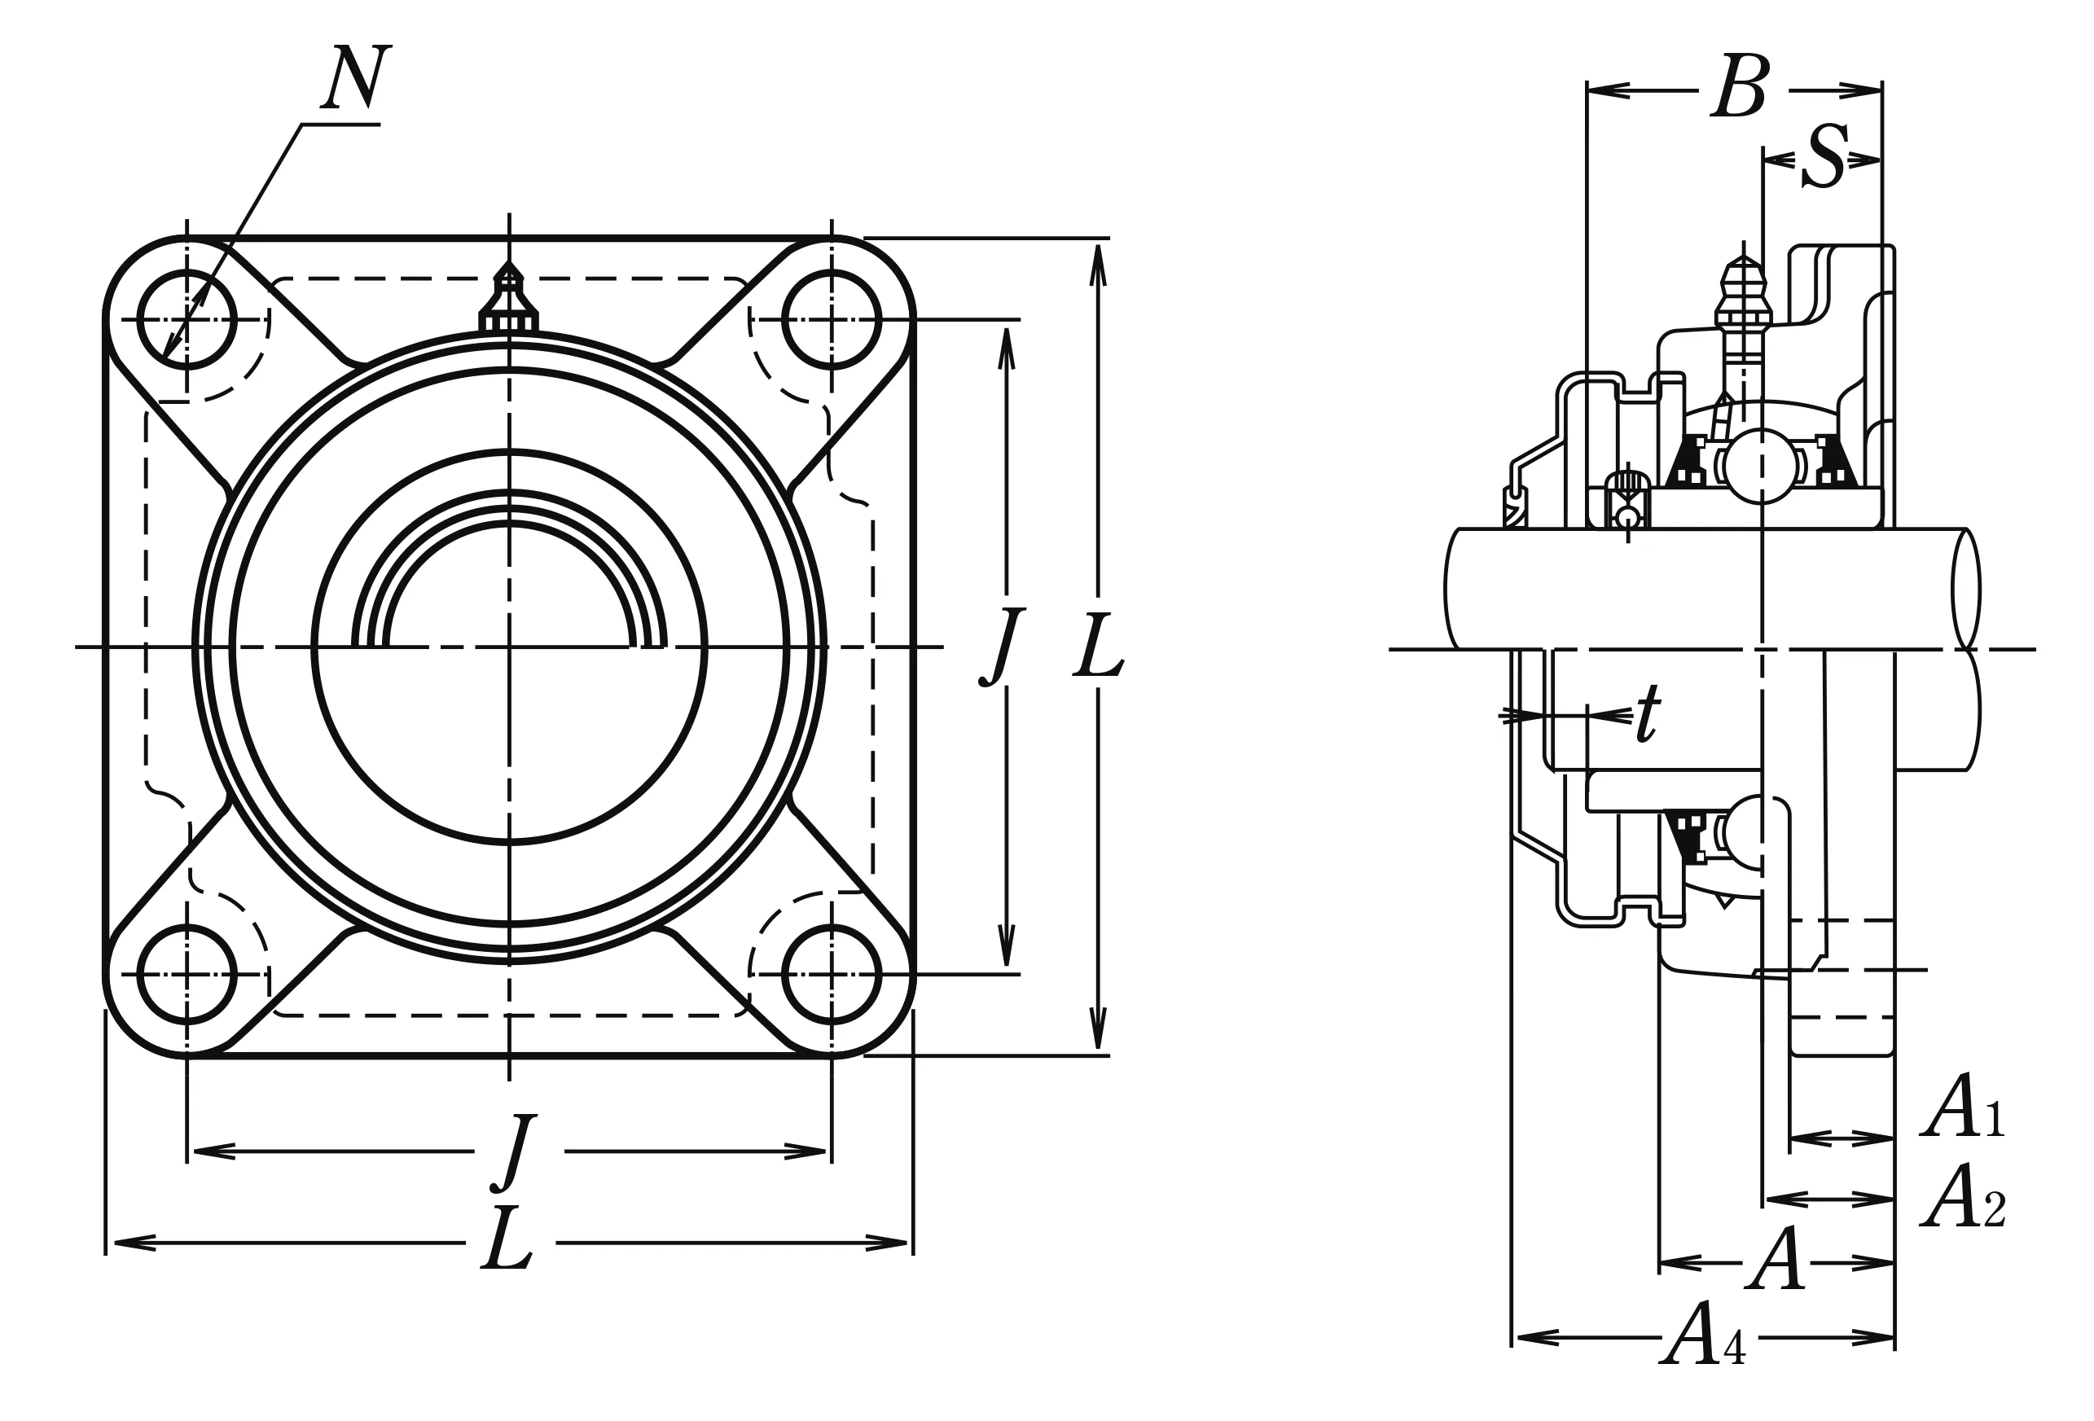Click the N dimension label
click(x=357, y=77)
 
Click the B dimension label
click(x=1741, y=87)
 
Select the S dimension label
click(x=1825, y=158)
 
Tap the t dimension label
click(x=1647, y=713)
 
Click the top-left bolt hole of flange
click(x=187, y=320)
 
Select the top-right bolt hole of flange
click(x=831, y=320)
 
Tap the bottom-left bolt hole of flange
click(x=187, y=975)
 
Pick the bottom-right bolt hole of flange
click(x=831, y=975)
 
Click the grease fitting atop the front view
click(x=509, y=299)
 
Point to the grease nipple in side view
click(x=1744, y=306)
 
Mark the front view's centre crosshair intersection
click(x=509, y=647)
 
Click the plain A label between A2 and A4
click(x=1778, y=1260)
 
